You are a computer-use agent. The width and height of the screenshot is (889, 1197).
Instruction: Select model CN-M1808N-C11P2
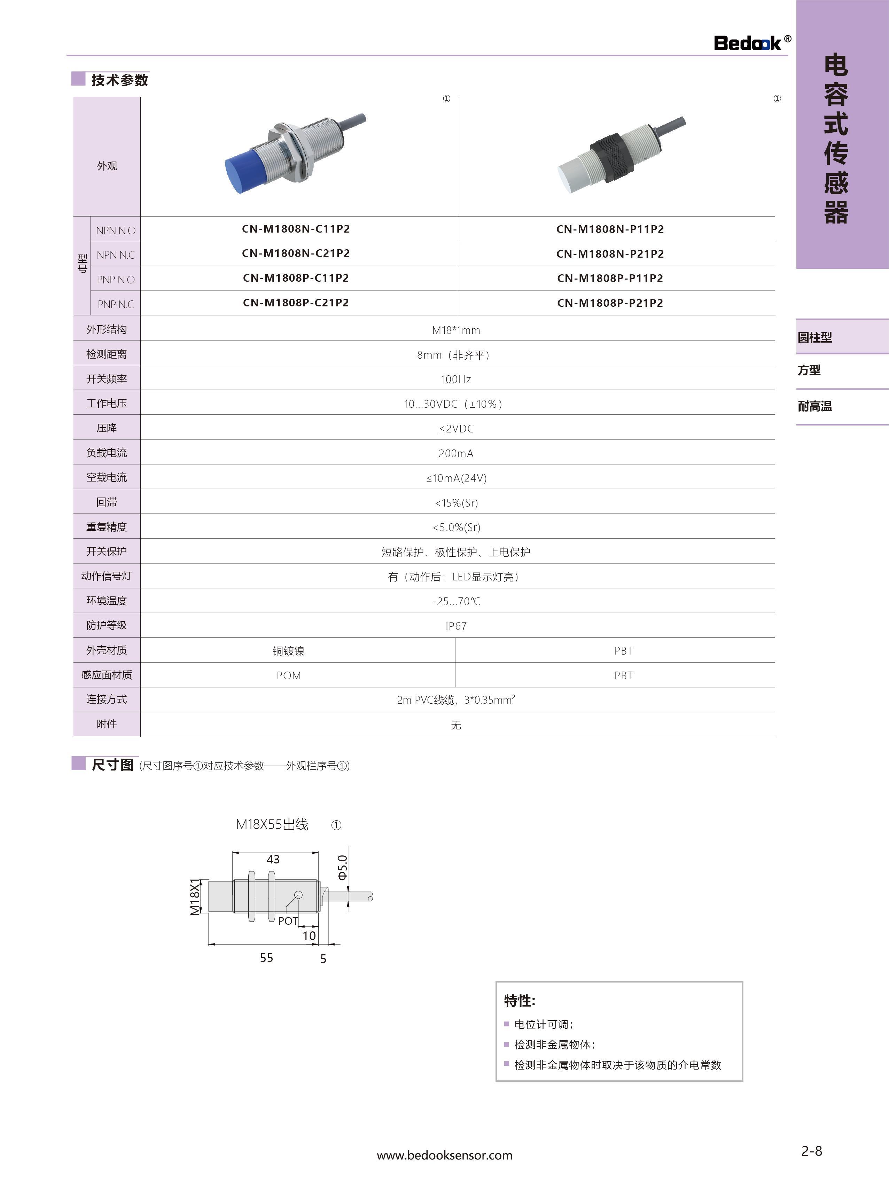point(295,229)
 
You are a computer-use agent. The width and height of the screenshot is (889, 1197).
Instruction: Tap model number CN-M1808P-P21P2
point(610,303)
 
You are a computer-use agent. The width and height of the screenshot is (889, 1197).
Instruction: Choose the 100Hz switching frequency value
point(456,379)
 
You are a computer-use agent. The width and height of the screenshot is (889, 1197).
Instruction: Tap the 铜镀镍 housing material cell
point(288,651)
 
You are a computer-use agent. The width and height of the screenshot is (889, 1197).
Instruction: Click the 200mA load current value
point(456,454)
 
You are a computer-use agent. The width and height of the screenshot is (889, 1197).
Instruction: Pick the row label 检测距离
point(107,354)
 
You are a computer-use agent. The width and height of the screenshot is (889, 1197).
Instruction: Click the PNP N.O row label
point(115,280)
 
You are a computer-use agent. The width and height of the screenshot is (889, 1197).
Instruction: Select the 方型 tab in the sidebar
point(809,370)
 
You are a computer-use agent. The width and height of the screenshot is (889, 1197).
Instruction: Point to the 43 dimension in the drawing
point(273,859)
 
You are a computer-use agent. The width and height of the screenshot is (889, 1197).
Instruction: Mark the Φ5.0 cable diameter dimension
point(342,867)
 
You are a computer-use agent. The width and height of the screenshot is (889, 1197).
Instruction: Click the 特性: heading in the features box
point(519,1001)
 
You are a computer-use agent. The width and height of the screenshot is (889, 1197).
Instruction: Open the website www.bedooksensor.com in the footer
point(444,1155)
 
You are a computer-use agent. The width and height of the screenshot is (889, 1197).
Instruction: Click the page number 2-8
point(811,1151)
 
